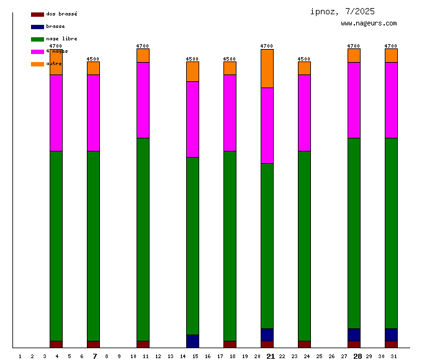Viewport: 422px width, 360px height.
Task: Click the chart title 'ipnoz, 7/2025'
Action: [343, 11]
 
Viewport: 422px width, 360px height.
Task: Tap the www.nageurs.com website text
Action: [369, 24]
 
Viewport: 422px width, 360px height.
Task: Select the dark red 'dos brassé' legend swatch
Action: [37, 14]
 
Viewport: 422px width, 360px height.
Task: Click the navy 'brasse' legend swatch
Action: [37, 27]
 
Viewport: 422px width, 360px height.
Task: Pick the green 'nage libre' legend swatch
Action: [37, 39]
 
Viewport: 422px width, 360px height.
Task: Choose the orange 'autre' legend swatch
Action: [37, 64]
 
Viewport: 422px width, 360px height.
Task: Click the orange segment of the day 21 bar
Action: [267, 68]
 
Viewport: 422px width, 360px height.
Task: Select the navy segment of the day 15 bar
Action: [192, 341]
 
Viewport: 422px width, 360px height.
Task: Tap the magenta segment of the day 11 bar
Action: [143, 100]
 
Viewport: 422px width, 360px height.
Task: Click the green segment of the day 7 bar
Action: [93, 246]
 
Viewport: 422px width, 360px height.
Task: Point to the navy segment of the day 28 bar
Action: [354, 335]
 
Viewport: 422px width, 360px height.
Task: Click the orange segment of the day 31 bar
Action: [391, 55]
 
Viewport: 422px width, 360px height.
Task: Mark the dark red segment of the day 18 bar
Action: [230, 344]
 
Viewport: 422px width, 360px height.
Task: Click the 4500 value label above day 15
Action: [192, 59]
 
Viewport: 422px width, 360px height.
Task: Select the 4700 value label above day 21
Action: [267, 46]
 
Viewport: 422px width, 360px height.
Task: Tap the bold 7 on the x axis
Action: [95, 356]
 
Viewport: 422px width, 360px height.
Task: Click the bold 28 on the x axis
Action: [357, 356]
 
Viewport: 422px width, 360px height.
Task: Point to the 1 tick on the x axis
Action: [20, 356]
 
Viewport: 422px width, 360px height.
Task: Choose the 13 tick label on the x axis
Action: [170, 356]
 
